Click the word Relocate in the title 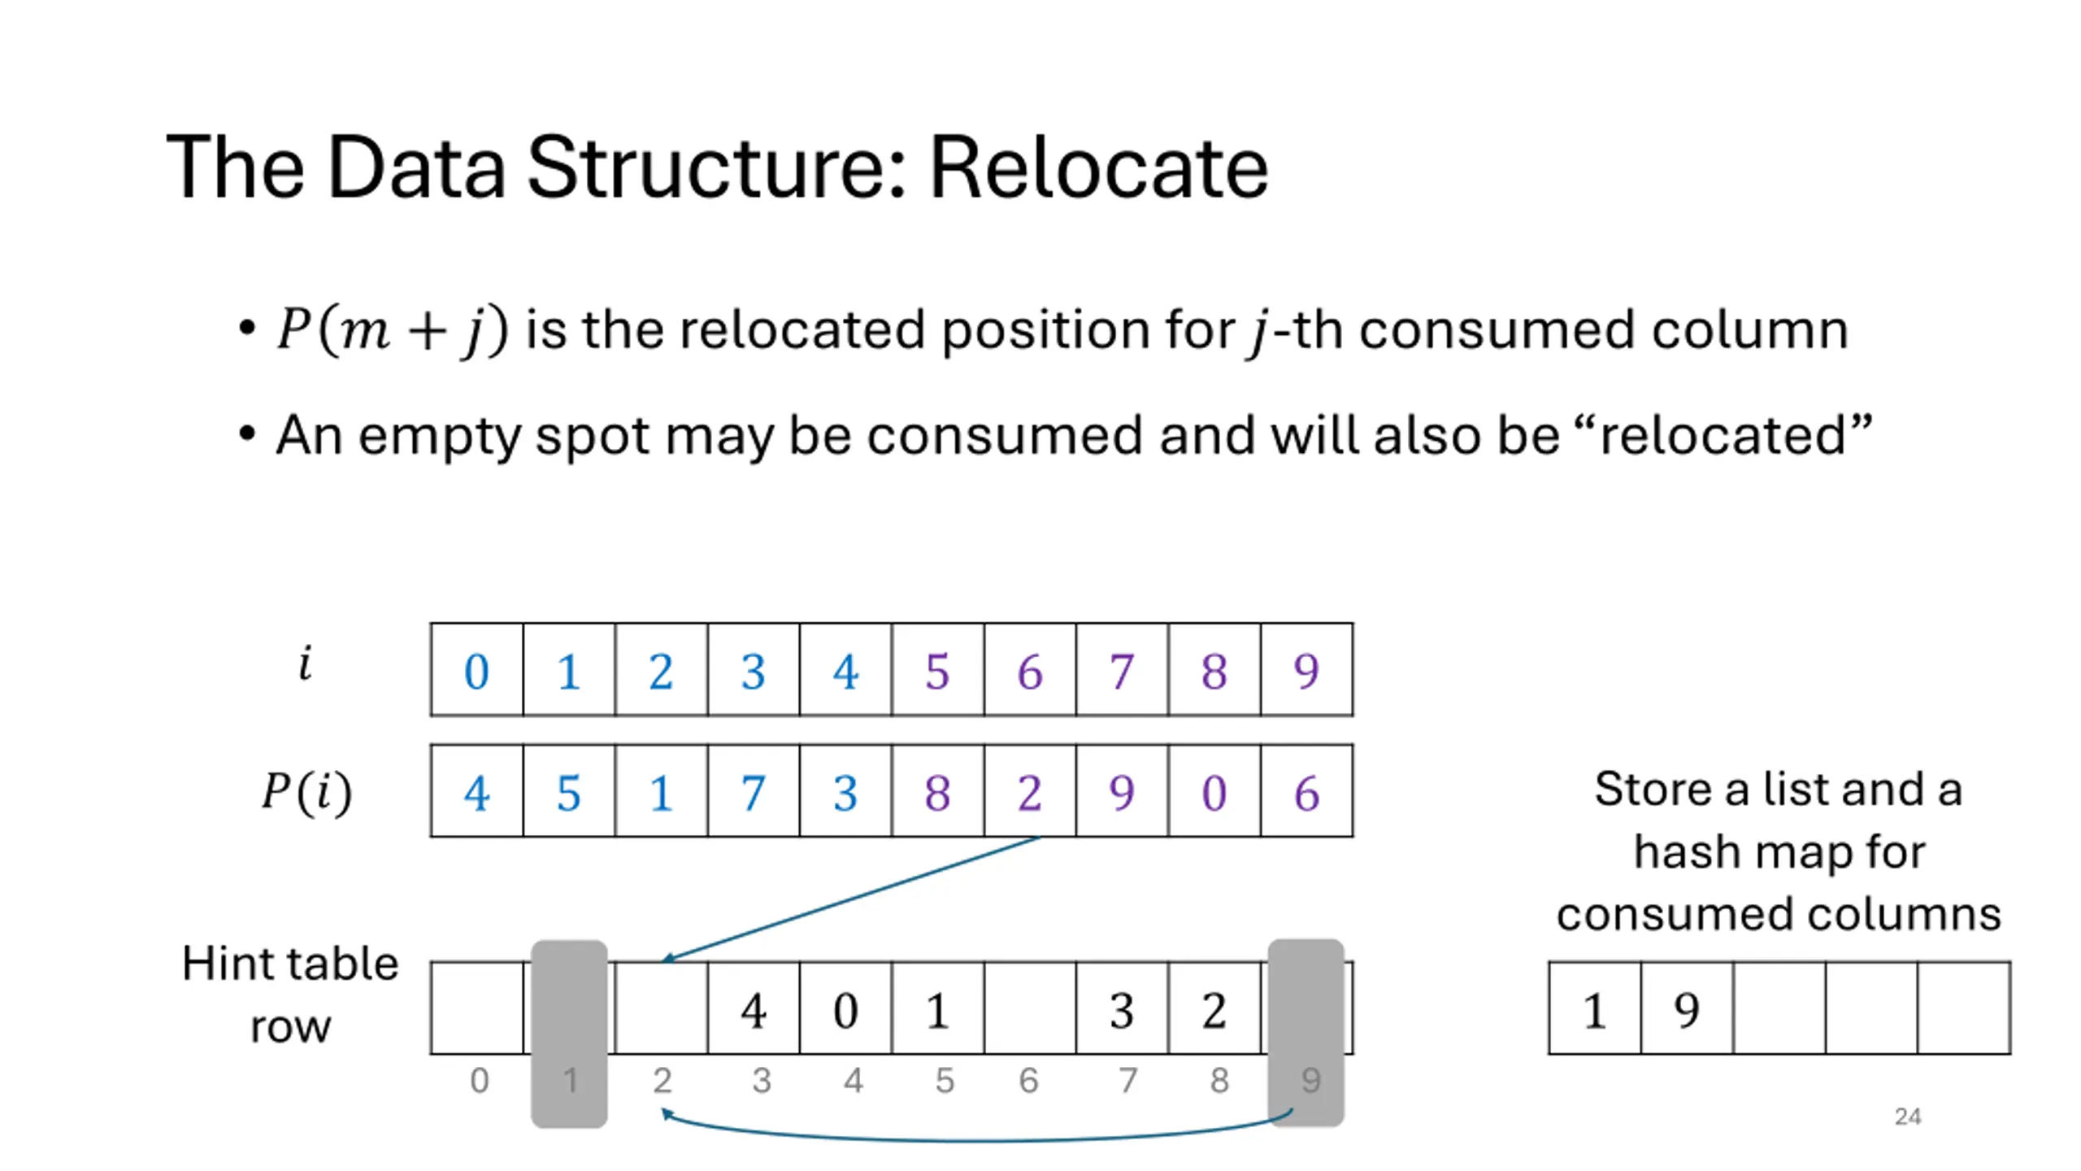click(1098, 168)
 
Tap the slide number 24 click(1907, 1117)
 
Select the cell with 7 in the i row click(1122, 670)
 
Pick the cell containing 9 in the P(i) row click(1122, 790)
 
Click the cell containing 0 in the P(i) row click(1214, 790)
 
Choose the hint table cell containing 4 click(754, 1008)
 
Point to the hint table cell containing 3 click(1122, 1008)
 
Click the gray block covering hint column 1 click(569, 1034)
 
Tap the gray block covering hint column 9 click(1306, 1033)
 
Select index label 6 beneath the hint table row click(1028, 1081)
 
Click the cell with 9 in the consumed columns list click(1687, 1008)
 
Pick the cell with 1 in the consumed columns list click(1595, 1008)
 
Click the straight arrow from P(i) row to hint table click(851, 899)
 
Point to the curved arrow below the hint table click(975, 1141)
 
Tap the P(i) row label click(307, 791)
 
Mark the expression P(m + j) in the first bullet click(393, 329)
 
